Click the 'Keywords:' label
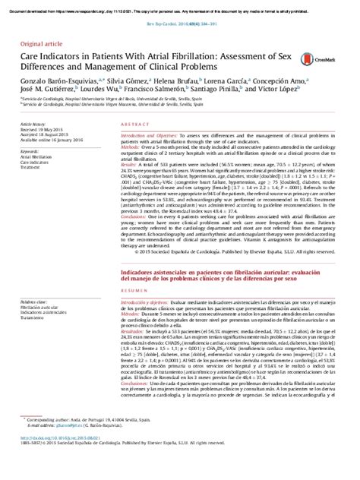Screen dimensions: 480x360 tap(32, 152)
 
